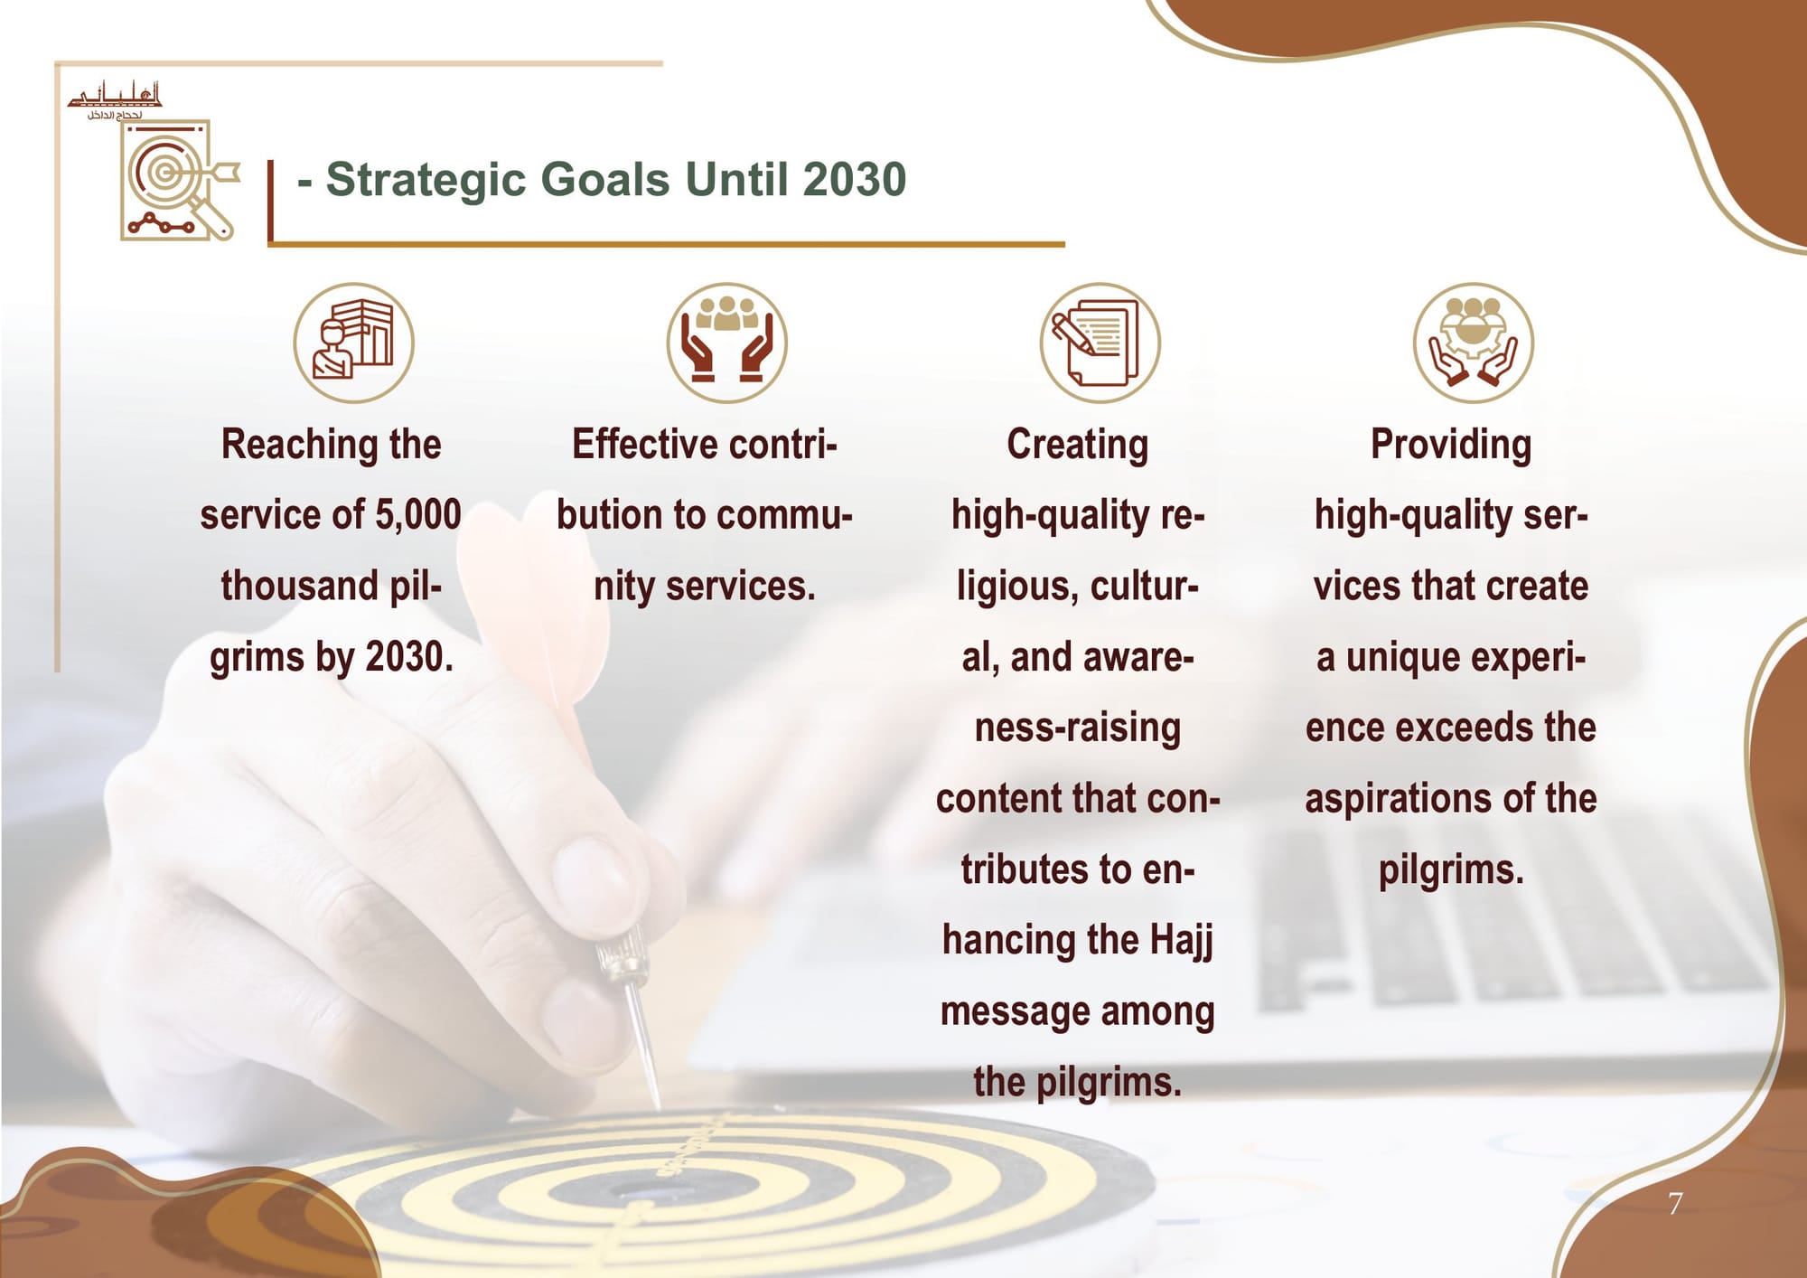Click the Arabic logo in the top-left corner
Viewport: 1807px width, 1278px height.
coord(115,100)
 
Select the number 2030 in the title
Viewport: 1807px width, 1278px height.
coord(854,179)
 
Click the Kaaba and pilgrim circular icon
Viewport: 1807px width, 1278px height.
coord(353,343)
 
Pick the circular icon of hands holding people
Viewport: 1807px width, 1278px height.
coord(727,343)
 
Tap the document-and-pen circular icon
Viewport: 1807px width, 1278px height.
coord(1100,343)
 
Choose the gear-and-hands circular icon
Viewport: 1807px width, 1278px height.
coord(1474,343)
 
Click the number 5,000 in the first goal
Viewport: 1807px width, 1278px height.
coord(418,514)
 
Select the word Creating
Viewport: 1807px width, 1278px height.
coord(1078,445)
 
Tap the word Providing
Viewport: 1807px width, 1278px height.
coord(1451,445)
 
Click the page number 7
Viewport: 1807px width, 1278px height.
coord(1675,1204)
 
